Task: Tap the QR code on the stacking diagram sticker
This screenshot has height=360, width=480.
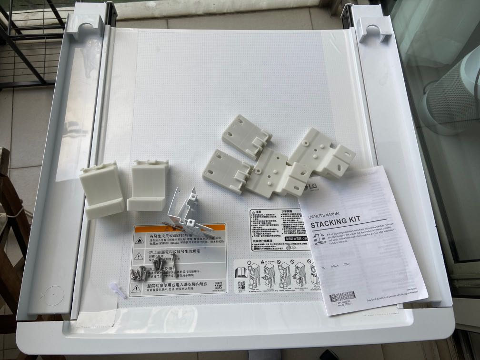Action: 241,285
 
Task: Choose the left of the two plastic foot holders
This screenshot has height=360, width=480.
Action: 101,190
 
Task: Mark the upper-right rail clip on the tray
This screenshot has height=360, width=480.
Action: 375,29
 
